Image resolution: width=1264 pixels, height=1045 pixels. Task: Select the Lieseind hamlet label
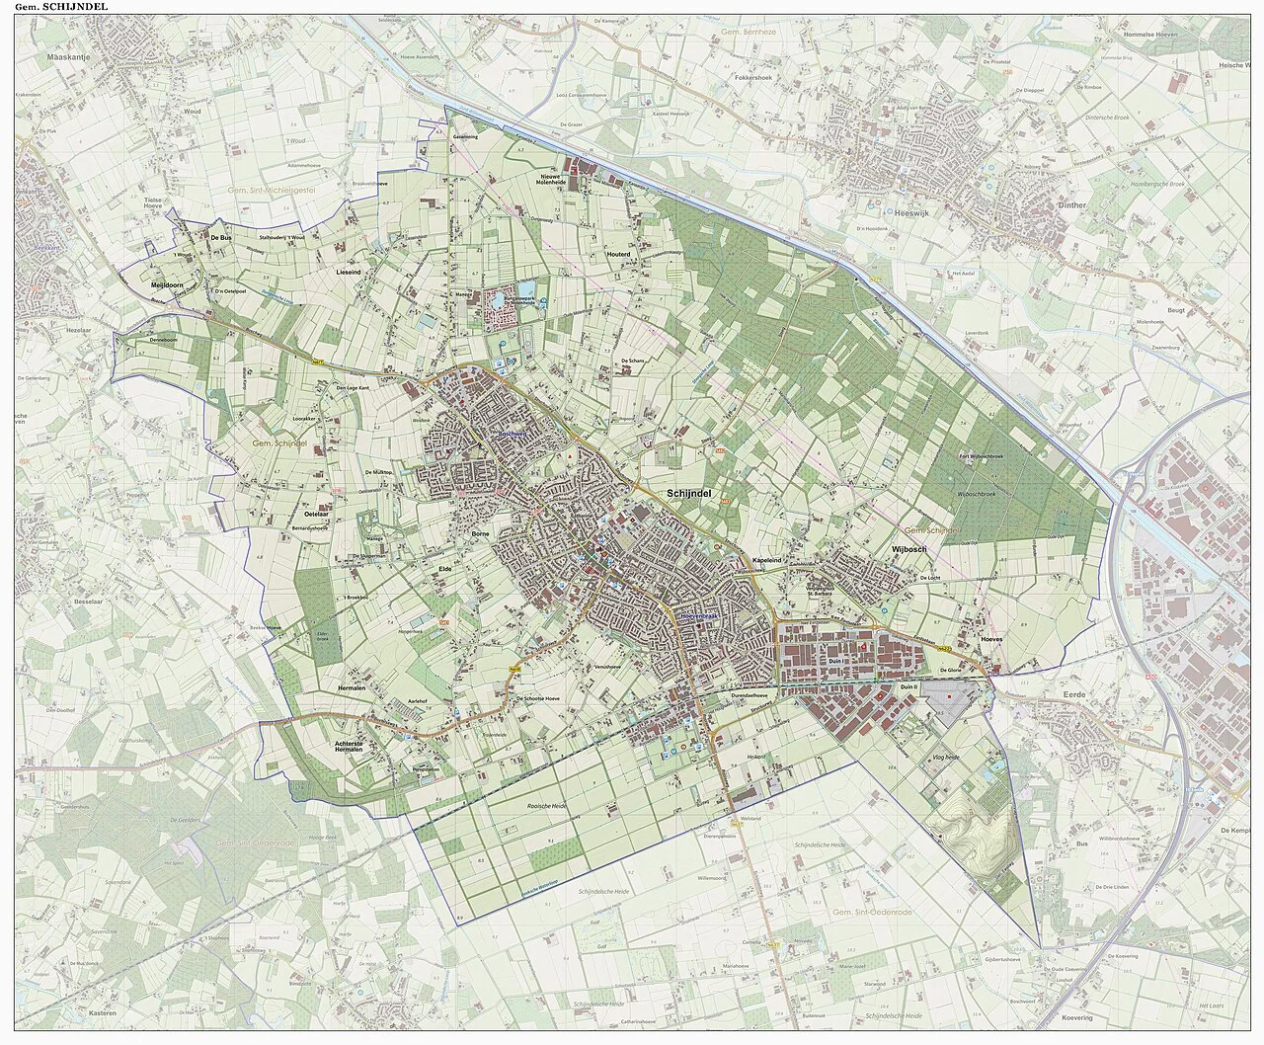350,270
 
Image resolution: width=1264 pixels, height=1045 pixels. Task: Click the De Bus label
219,237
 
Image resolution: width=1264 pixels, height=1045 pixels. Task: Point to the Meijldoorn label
169,284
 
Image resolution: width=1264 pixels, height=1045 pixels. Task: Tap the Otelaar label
315,516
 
